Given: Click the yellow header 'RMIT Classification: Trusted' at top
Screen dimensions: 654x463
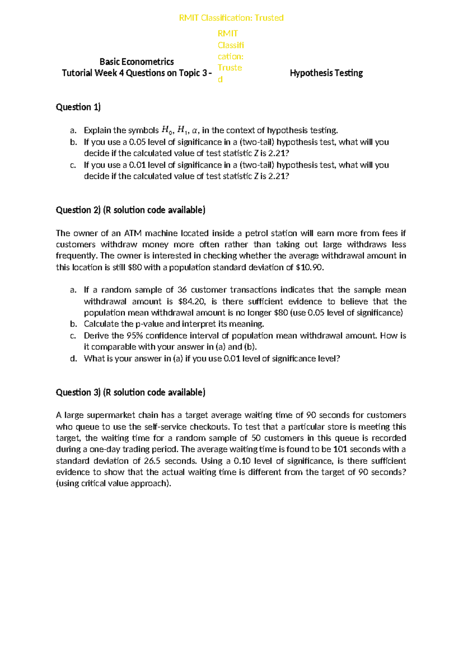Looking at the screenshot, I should point(231,18).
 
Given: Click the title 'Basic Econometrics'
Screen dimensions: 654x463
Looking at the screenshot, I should point(137,62).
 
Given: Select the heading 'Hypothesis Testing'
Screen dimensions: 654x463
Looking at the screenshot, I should point(326,73).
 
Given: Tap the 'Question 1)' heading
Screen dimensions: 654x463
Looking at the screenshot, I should point(78,107).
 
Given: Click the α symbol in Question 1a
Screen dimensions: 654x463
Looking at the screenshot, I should point(194,130).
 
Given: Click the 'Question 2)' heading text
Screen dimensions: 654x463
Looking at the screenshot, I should point(78,210).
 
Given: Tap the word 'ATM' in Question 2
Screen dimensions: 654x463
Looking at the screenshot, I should point(133,233).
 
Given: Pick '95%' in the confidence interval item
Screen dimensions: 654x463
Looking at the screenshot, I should point(135,335).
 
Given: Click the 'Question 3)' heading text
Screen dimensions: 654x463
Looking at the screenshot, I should point(78,392).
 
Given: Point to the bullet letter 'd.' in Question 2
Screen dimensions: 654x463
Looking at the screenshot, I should point(74,359).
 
